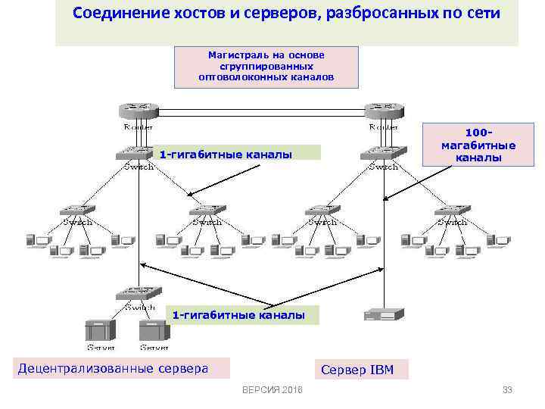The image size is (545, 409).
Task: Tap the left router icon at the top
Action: coord(136,111)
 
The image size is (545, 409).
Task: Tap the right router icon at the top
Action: coord(383,111)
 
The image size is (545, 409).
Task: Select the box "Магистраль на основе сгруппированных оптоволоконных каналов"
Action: coord(266,67)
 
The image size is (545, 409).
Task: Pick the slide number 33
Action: coord(507,390)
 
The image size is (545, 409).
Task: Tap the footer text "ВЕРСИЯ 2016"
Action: coord(272,390)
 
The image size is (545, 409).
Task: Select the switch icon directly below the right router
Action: coord(383,155)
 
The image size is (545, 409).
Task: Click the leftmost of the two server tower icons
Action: coord(101,330)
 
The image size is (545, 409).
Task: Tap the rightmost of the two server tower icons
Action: coord(154,330)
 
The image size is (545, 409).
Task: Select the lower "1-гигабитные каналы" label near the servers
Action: coord(239,314)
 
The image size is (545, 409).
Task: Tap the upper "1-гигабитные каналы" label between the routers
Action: coord(226,155)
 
